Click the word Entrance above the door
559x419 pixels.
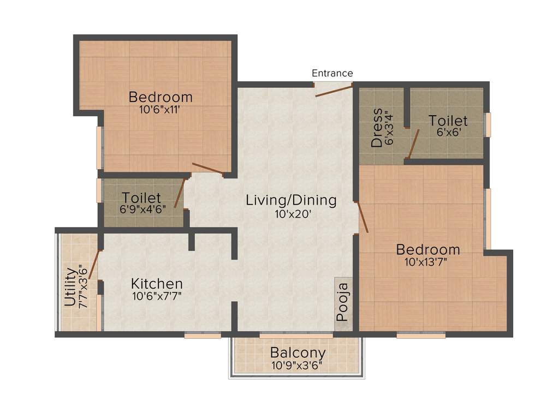pyautogui.click(x=332, y=73)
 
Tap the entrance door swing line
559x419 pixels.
pyautogui.click(x=334, y=91)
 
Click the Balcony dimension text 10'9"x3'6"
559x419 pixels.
pyautogui.click(x=298, y=365)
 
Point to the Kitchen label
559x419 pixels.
pyautogui.click(x=157, y=284)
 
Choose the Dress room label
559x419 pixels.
pyautogui.click(x=376, y=128)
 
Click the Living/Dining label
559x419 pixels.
pyautogui.click(x=291, y=200)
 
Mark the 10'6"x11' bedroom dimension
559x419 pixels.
pyautogui.click(x=160, y=109)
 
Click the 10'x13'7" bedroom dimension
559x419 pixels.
pyautogui.click(x=428, y=261)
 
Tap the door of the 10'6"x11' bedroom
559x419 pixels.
pyautogui.click(x=207, y=169)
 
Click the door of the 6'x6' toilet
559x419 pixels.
pyautogui.click(x=414, y=145)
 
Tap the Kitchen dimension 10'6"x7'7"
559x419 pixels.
pyautogui.click(x=156, y=296)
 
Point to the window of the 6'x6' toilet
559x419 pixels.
pyautogui.click(x=488, y=124)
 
